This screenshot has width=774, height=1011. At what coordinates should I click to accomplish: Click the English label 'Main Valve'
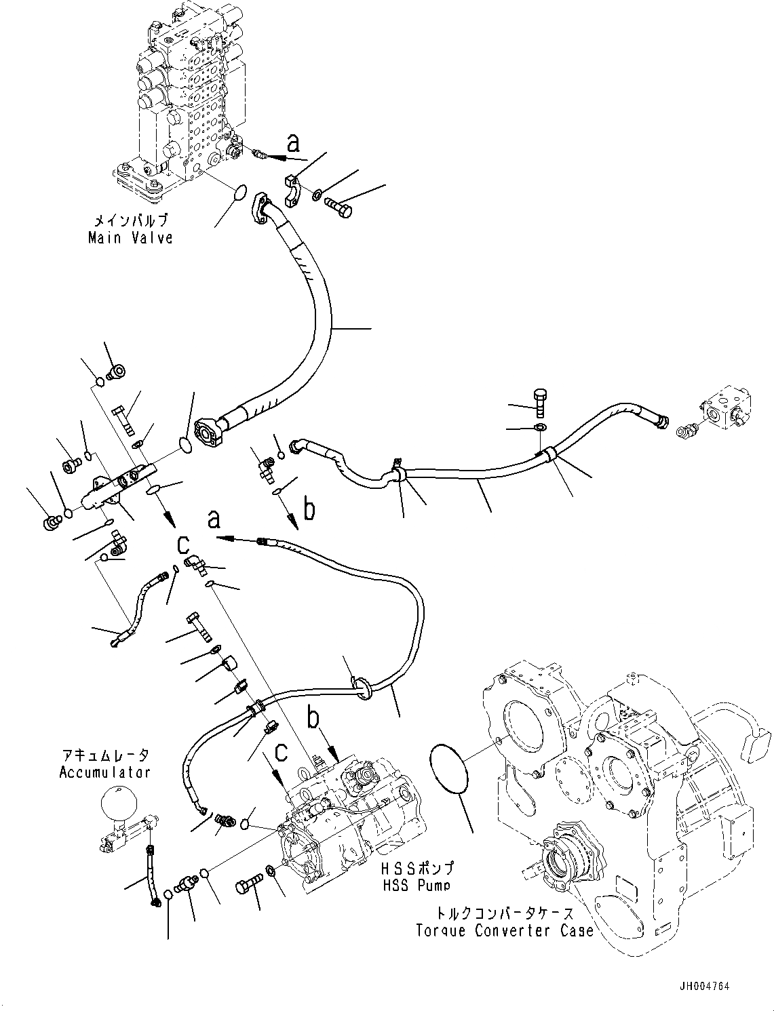pyautogui.click(x=130, y=238)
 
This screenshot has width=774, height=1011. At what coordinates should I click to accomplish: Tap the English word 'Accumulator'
pyautogui.click(x=104, y=772)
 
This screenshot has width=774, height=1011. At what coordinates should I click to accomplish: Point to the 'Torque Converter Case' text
pyautogui.click(x=505, y=930)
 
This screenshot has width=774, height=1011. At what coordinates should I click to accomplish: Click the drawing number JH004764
pyautogui.click(x=702, y=987)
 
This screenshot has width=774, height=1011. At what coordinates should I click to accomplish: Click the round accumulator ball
pyautogui.click(x=118, y=805)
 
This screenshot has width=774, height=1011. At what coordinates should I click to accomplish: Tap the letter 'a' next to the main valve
pyautogui.click(x=293, y=143)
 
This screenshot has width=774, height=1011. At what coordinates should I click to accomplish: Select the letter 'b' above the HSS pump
pyautogui.click(x=313, y=719)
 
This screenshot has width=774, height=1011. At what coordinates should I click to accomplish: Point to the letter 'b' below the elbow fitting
pyautogui.click(x=309, y=509)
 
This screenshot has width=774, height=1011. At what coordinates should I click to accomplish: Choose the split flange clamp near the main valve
pyautogui.click(x=294, y=192)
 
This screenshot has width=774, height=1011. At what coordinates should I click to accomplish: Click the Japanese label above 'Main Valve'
pyautogui.click(x=130, y=221)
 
